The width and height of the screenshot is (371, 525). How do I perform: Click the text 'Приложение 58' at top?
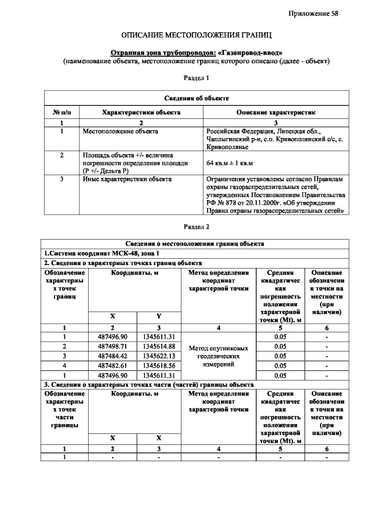tap(318, 14)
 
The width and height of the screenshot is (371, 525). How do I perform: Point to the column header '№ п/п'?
tap(62, 112)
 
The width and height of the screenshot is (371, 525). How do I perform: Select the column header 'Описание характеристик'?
tap(275, 112)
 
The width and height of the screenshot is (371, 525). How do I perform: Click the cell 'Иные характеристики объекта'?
tap(127, 179)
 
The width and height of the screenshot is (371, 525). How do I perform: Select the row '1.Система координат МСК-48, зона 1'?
tap(101, 253)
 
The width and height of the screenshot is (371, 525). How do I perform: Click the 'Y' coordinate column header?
tap(159, 316)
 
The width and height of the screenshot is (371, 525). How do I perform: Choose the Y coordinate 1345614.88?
tap(159, 346)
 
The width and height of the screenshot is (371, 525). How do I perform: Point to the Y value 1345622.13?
tap(159, 356)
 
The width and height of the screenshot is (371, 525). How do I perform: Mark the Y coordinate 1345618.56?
tap(159, 365)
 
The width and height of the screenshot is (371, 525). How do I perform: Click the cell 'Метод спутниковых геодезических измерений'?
tap(218, 356)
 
